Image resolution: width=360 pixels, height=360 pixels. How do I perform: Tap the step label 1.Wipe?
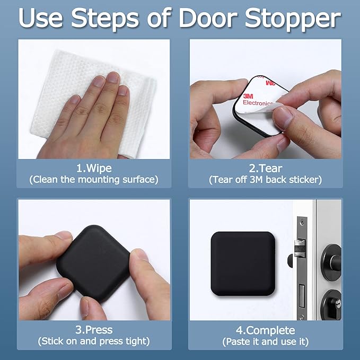click(93, 168)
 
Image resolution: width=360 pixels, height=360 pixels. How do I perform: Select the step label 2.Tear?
click(266, 168)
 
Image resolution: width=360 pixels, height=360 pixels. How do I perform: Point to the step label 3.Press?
click(93, 329)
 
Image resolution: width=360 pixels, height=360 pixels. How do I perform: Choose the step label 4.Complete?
click(265, 329)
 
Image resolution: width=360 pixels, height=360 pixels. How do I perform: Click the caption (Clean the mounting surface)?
click(93, 180)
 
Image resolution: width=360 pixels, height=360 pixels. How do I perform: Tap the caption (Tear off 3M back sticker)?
click(266, 180)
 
